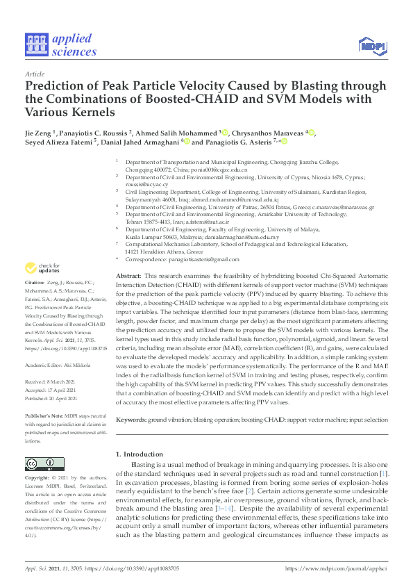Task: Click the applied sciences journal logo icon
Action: [x=35, y=44]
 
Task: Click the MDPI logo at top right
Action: [x=372, y=46]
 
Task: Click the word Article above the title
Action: [x=34, y=73]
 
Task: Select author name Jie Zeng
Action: [x=42, y=133]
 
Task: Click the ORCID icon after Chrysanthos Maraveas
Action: [x=312, y=133]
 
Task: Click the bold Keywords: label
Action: [x=130, y=420]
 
